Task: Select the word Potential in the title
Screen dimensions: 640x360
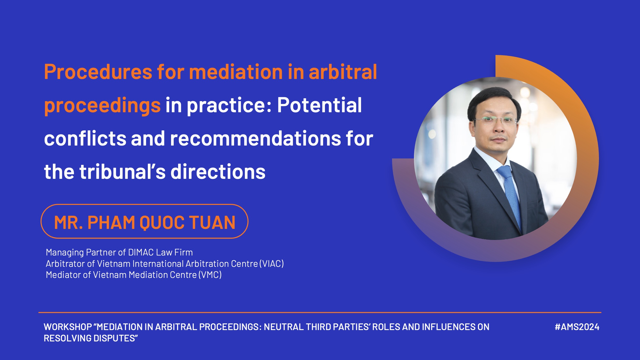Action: (x=319, y=105)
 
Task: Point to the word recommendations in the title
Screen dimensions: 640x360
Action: (x=255, y=138)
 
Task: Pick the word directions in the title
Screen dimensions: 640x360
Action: (x=218, y=171)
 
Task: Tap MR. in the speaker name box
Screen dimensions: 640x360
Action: (x=68, y=222)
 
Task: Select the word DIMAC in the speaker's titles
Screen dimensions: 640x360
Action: (x=141, y=252)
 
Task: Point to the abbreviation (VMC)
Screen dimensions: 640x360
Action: (x=210, y=275)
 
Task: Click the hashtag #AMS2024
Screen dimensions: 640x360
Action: (x=577, y=327)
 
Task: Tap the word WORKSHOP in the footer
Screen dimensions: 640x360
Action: (x=68, y=327)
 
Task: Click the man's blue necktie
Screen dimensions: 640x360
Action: (x=510, y=196)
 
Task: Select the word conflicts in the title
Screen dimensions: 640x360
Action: (x=85, y=138)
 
